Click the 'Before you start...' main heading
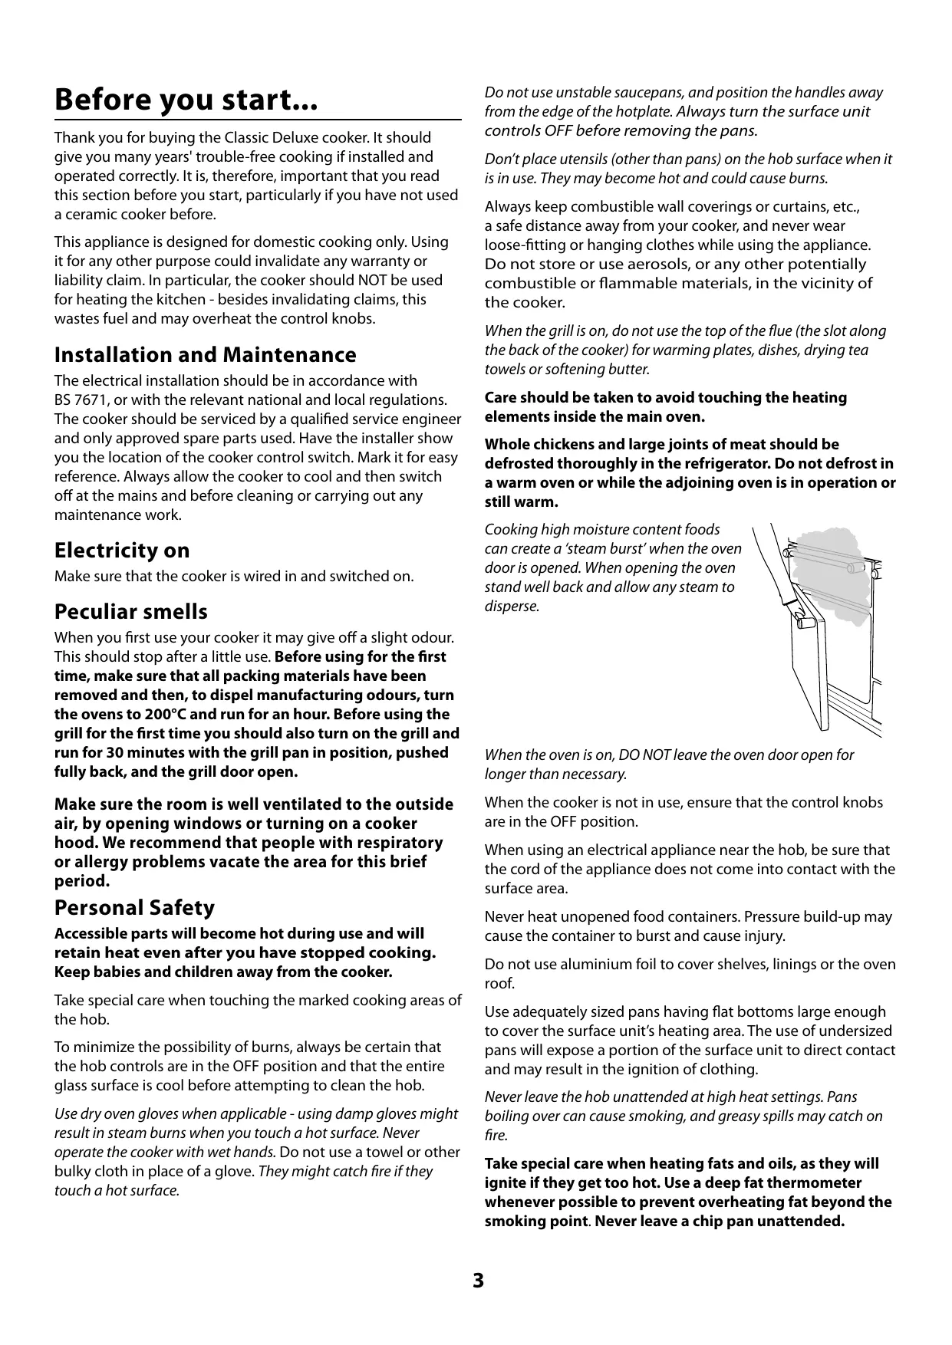(x=186, y=100)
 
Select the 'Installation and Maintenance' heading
(x=205, y=355)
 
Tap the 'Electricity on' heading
(x=121, y=551)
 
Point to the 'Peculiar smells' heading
(x=130, y=612)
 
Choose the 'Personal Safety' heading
(x=134, y=908)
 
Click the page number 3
(x=478, y=1281)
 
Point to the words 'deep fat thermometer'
(x=782, y=1183)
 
